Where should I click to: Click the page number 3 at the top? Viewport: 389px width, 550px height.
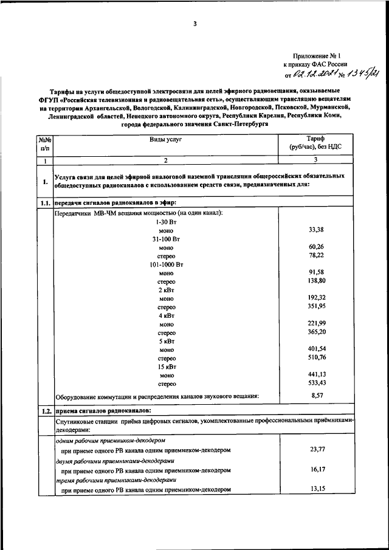click(195, 24)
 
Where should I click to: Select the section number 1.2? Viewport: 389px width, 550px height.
click(45, 411)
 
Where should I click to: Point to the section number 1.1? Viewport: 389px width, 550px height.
click(45, 202)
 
